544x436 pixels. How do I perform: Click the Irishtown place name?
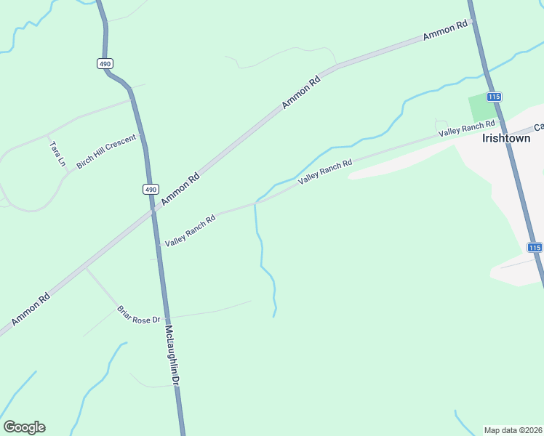(506, 138)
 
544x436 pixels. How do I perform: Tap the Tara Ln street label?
(57, 154)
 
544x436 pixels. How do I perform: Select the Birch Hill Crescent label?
(106, 153)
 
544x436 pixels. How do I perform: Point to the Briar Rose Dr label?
(138, 315)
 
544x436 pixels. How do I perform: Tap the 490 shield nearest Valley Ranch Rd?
(150, 190)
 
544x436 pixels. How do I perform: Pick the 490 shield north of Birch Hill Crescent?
(105, 63)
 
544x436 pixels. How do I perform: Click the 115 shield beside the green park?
(495, 97)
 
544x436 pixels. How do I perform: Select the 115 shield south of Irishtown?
(535, 248)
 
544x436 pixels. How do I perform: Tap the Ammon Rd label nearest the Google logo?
(31, 309)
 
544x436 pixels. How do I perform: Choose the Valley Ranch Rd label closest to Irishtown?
(466, 128)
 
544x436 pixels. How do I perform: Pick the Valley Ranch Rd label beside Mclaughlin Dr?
(190, 230)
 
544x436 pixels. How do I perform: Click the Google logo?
(24, 427)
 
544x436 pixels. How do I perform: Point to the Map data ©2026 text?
(513, 430)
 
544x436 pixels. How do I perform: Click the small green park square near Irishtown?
(480, 108)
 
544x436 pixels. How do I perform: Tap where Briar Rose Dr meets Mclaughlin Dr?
(168, 318)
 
